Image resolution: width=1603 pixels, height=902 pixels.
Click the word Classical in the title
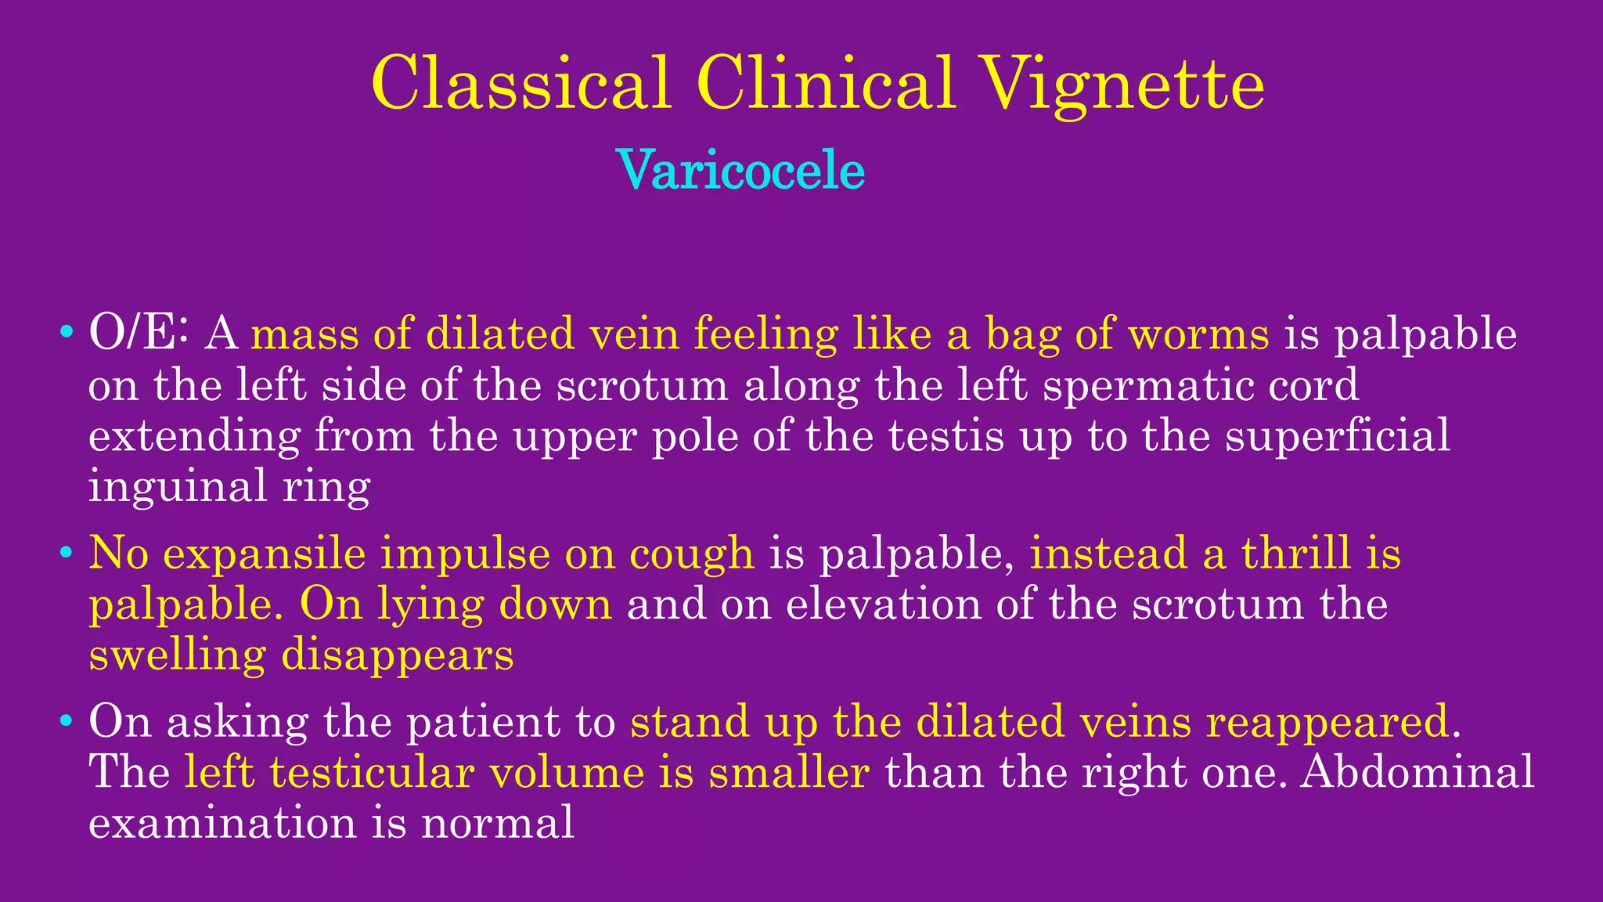coord(521,83)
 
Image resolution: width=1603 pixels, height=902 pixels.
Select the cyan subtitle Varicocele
coord(740,170)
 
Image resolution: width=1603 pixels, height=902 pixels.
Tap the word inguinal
coord(177,487)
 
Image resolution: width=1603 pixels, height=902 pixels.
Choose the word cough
coord(692,554)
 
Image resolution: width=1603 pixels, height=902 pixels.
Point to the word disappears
coord(397,655)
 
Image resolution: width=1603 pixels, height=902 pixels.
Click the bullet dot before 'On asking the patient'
coord(67,721)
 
